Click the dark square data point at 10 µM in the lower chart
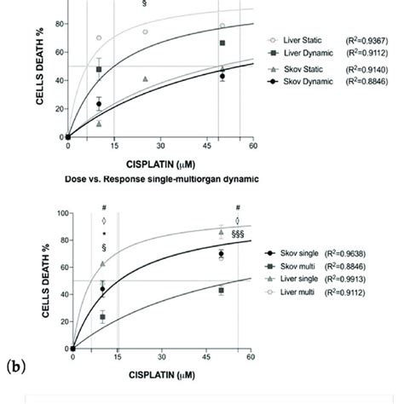click(x=103, y=317)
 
